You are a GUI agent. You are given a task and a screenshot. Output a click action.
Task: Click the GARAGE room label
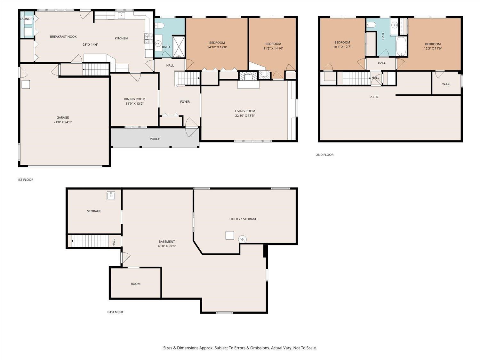tap(62, 117)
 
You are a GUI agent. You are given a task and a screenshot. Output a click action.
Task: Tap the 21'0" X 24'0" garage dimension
tap(62, 122)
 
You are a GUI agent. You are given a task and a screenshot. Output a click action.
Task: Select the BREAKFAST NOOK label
tap(63, 37)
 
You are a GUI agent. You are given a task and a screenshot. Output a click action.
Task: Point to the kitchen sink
tap(121, 15)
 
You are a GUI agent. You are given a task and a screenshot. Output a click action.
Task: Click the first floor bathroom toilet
tap(159, 26)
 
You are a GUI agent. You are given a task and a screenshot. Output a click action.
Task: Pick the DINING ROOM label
tap(134, 99)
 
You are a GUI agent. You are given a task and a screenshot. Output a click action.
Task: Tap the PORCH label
tap(155, 139)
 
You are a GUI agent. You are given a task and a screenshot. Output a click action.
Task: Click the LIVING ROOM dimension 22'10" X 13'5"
tap(245, 116)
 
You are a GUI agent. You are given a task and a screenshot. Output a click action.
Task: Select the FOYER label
tap(185, 102)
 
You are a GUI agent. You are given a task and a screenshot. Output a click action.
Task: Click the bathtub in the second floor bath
tap(401, 46)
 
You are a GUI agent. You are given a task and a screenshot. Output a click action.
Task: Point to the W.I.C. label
tap(446, 84)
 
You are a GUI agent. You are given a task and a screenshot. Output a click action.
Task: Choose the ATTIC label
tap(374, 97)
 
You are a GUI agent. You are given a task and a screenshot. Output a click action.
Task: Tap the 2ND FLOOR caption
tap(325, 155)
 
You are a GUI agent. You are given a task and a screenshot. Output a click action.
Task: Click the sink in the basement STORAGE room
tap(111, 196)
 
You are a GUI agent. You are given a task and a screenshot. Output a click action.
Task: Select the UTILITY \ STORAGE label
tap(243, 219)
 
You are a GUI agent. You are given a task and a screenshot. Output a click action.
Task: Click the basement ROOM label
tap(136, 284)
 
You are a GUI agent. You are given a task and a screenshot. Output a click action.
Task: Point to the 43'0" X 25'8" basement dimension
tap(167, 246)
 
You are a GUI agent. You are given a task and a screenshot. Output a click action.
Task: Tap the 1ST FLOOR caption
tap(25, 180)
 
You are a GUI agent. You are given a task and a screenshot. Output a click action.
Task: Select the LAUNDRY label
tap(27, 19)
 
